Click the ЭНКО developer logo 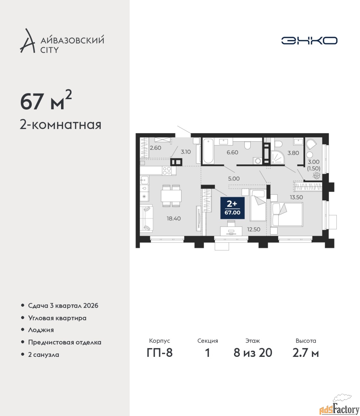(309, 40)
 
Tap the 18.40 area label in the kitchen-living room (174, 218)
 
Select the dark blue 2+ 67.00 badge (232, 208)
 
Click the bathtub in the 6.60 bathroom (208, 151)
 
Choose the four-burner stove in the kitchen (167, 171)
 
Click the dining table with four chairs (171, 195)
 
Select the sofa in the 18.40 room (146, 218)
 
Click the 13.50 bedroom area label (296, 197)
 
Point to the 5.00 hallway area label (234, 178)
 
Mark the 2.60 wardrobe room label (155, 148)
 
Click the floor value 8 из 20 (253, 352)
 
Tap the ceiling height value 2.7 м (305, 352)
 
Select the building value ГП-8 (160, 352)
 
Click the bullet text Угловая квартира (57, 318)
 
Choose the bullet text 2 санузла (43, 355)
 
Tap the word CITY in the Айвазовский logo (50, 50)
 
